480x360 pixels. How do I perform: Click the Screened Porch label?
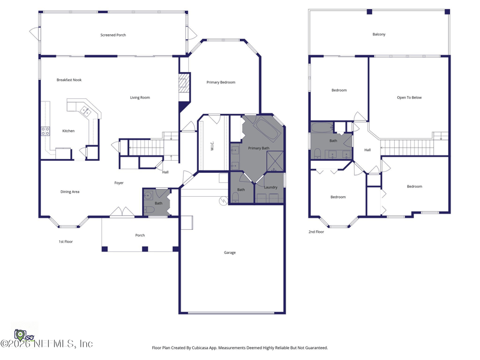click(113, 35)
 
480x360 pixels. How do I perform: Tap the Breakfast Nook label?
click(69, 80)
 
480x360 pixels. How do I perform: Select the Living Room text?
click(140, 98)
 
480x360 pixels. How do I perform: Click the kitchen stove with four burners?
click(46, 131)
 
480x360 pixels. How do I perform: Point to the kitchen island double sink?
click(86, 111)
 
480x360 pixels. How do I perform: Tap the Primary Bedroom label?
click(221, 82)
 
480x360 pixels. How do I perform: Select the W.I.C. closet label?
click(212, 146)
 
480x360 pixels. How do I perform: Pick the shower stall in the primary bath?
click(275, 161)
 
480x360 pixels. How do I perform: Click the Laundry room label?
click(271, 187)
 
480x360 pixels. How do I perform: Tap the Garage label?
click(230, 253)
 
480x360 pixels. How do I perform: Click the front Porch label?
click(140, 235)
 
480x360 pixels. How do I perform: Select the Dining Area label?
click(70, 192)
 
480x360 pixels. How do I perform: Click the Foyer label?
click(119, 183)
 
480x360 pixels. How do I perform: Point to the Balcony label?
click(379, 34)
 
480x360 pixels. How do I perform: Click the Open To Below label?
click(409, 98)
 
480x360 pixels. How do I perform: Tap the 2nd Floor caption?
click(316, 232)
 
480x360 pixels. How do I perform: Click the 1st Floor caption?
click(66, 242)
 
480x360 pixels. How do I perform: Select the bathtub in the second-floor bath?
click(322, 127)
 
